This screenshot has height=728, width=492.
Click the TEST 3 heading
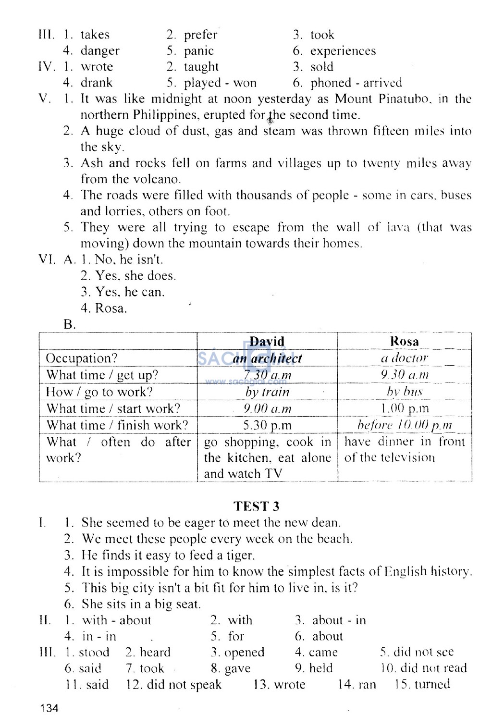coord(256,506)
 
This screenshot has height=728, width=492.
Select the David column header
coord(267,342)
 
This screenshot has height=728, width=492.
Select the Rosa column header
coord(404,342)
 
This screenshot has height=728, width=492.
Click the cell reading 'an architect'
coord(267,358)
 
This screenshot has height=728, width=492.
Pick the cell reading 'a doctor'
coord(404,358)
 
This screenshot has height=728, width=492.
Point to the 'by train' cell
coord(267,392)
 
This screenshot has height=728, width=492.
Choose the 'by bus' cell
coord(404,392)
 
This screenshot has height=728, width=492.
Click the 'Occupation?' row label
coord(82,358)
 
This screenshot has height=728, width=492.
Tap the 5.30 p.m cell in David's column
coord(267,425)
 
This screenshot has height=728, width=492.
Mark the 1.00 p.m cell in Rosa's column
coord(404,409)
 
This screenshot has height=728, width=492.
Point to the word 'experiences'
coord(343,51)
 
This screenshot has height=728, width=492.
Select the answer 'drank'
coord(96,83)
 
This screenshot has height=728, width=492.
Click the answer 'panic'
coord(198,51)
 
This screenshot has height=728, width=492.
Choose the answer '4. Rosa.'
coord(104,308)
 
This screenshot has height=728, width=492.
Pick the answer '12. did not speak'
coord(174,684)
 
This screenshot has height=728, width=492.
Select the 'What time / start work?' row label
coord(113,409)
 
